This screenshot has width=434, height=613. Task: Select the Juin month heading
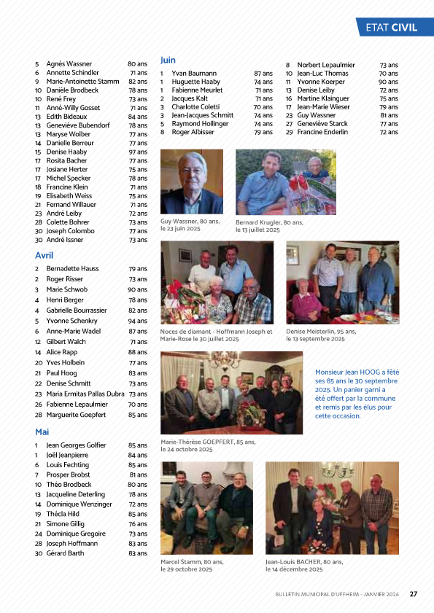(x=168, y=60)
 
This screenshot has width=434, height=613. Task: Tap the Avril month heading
(x=44, y=255)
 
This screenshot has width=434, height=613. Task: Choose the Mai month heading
(x=42, y=432)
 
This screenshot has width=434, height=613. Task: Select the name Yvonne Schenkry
(x=71, y=321)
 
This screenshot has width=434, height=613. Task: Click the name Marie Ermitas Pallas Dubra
(x=85, y=394)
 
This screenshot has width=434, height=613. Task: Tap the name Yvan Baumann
(x=194, y=74)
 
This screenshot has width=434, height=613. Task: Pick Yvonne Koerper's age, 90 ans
(x=388, y=82)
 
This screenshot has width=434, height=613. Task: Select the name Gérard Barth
(x=65, y=553)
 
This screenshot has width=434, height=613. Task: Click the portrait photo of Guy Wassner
(x=191, y=182)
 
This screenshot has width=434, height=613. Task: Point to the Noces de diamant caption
(x=216, y=335)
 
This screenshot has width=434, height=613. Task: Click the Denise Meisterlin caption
(x=321, y=335)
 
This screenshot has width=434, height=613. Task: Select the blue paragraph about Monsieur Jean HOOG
(x=357, y=394)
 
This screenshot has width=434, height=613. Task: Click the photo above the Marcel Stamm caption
(x=206, y=508)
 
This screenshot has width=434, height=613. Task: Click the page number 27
(x=413, y=593)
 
